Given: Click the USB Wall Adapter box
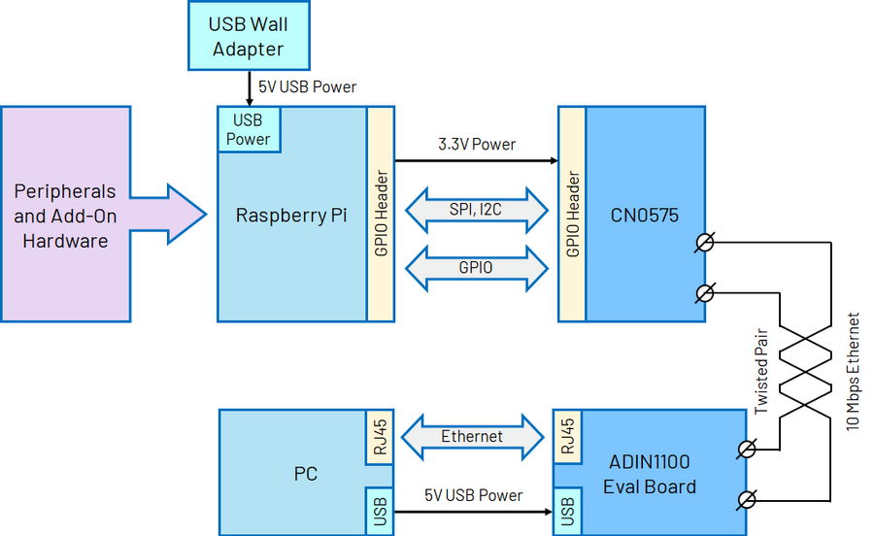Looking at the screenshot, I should pos(248,37).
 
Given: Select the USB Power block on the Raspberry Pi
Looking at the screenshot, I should pos(249,129).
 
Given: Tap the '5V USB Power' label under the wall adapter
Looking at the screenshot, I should pos(307,87).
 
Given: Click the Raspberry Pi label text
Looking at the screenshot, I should pos(291,215).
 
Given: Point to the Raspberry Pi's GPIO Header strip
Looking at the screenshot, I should pos(381,214).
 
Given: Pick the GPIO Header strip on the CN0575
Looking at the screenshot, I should pos(572,214).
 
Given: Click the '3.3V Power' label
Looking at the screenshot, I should pos(476,145).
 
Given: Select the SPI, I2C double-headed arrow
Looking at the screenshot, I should pos(476,209).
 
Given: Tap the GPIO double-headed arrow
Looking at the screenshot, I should pos(476,267).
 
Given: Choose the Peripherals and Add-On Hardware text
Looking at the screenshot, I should pos(65,216).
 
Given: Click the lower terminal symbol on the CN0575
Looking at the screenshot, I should pos(707,291).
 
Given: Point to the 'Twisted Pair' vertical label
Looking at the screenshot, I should pos(760,368).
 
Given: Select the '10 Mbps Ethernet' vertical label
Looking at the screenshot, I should pos(853,371).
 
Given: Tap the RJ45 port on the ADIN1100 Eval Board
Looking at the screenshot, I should pos(567,435).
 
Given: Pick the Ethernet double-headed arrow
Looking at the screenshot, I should pos(473,436).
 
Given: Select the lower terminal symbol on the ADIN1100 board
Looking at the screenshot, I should pos(747,499).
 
